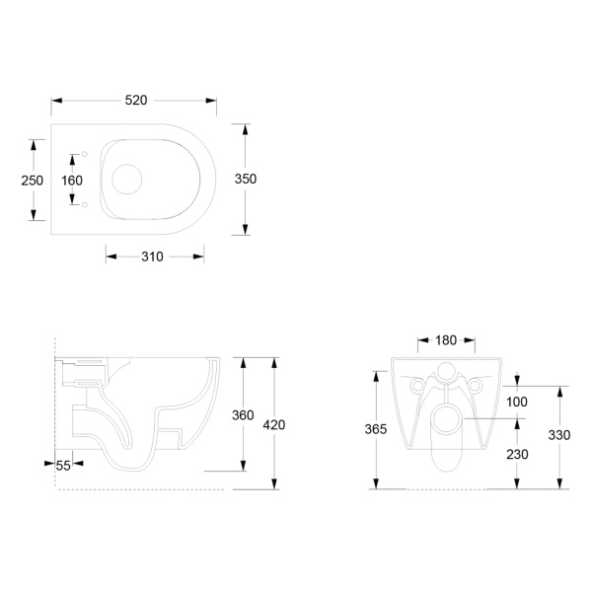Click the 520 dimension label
(136, 101)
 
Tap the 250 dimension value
(33, 181)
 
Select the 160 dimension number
(72, 181)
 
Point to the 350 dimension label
(246, 179)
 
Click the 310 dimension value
(152, 257)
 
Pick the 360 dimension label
(243, 415)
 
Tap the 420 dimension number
(274, 425)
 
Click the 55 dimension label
(63, 466)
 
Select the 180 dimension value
(446, 340)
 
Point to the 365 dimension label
(376, 429)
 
